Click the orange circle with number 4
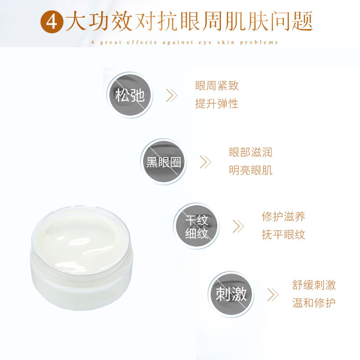(52, 21)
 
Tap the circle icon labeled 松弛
(130, 94)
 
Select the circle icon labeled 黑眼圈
(163, 162)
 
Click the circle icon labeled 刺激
(231, 294)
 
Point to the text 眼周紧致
(216, 85)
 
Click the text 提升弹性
(216, 104)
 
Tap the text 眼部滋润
(250, 152)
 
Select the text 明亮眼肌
(250, 171)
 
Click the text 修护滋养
(283, 216)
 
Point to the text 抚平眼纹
(283, 235)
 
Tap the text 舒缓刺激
(314, 285)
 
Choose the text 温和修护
(314, 303)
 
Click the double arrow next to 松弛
(171, 95)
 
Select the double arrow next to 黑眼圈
(205, 162)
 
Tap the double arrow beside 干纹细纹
(238, 226)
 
